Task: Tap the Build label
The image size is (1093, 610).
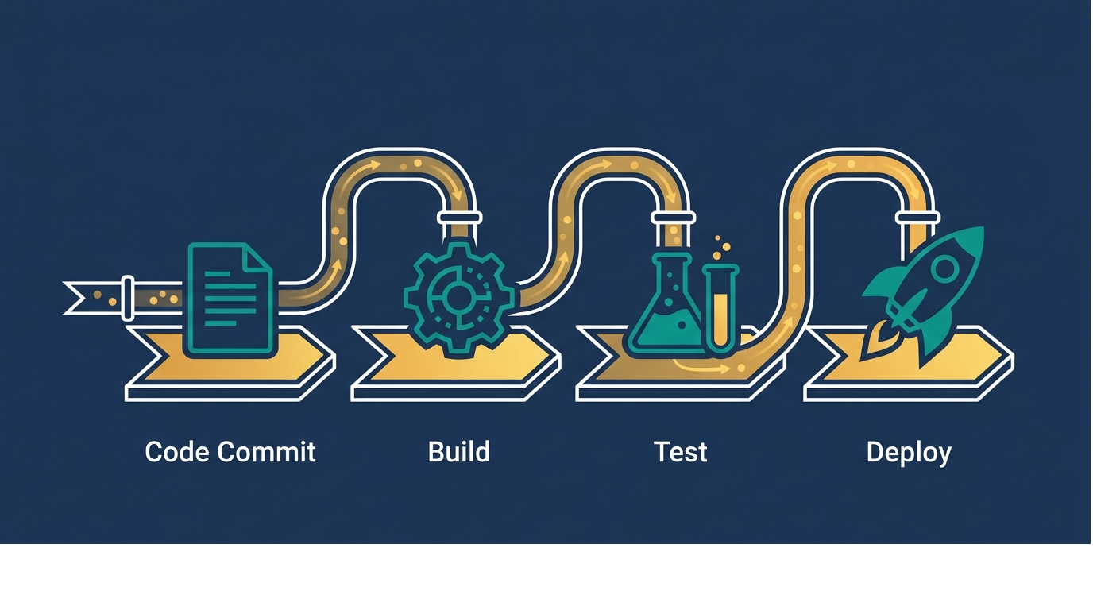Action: coord(458,452)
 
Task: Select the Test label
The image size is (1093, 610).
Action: coord(680,452)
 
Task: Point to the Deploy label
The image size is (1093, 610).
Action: coord(908,453)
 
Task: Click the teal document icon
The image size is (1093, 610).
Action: coord(229,298)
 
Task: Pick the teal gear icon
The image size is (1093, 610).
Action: coord(458,298)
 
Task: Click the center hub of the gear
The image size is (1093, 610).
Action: coord(458,298)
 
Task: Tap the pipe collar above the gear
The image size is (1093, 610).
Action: coord(458,217)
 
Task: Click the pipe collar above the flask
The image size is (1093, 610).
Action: coord(672,217)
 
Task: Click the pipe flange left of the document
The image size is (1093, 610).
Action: coord(127,297)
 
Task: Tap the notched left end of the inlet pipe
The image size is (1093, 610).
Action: coord(75,297)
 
